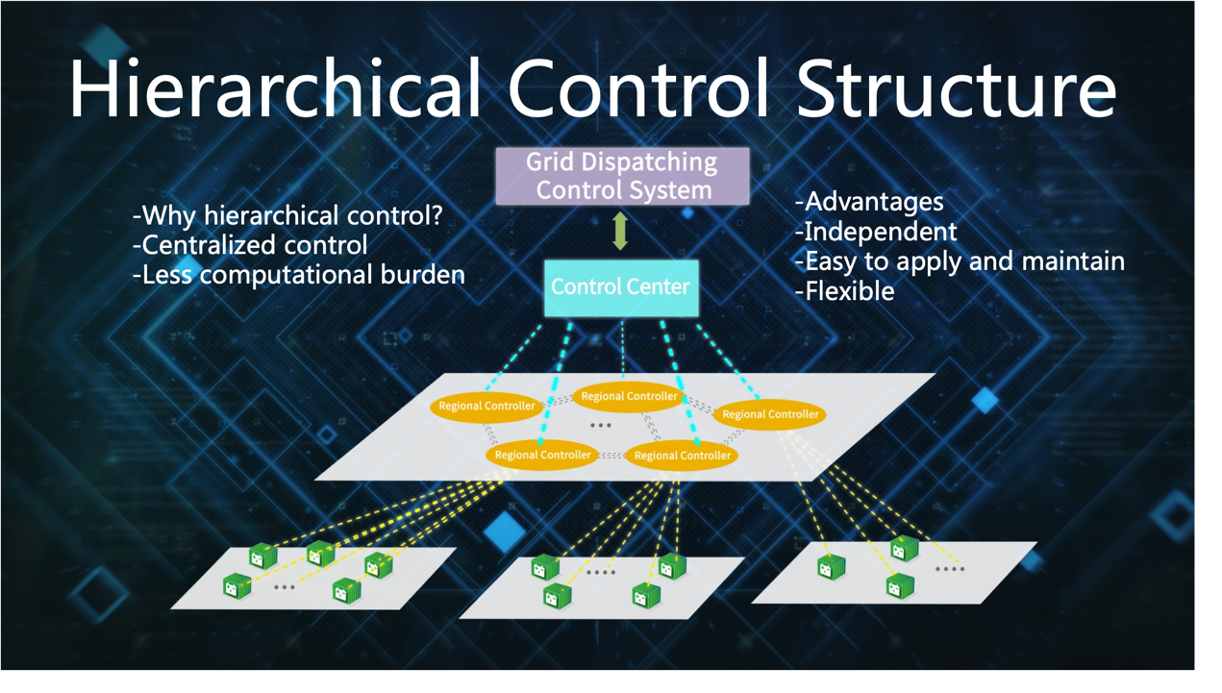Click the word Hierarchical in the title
click(274, 88)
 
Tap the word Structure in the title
click(956, 88)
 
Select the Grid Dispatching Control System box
click(622, 176)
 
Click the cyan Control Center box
click(621, 287)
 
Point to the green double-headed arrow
click(620, 232)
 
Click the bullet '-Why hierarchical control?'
click(288, 215)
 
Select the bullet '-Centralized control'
click(250, 245)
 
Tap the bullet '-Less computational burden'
click(299, 275)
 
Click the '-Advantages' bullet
click(869, 202)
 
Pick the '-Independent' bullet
click(876, 232)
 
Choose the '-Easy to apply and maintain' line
click(960, 261)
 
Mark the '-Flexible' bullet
click(844, 291)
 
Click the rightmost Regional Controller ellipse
click(770, 414)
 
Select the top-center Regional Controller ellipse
click(629, 396)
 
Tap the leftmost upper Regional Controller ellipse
click(486, 407)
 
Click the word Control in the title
click(638, 88)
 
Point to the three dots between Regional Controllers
click(601, 425)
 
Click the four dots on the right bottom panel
click(950, 569)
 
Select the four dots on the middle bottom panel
click(601, 573)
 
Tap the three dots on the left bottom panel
click(285, 586)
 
